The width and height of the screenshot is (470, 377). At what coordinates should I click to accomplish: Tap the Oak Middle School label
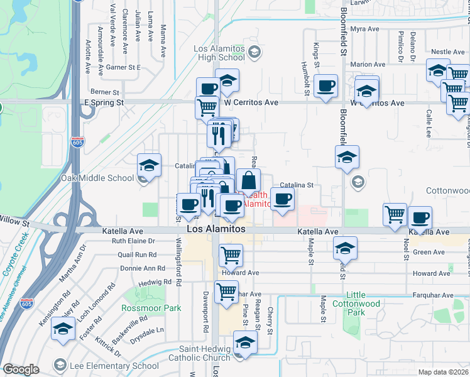[x=97, y=178]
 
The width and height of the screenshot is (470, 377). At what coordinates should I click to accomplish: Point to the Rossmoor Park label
[x=152, y=308]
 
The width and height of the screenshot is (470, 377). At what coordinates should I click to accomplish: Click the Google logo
[x=21, y=369]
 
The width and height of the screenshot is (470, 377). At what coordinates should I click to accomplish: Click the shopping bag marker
[x=249, y=180]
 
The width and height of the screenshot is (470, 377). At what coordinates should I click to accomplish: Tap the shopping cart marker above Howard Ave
[x=231, y=255]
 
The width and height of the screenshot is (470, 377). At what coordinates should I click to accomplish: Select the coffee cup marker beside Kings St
[x=325, y=86]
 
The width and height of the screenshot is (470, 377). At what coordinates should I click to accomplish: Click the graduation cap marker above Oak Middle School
[x=149, y=165]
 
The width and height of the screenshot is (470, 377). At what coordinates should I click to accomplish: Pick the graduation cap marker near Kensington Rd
[x=63, y=329]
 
